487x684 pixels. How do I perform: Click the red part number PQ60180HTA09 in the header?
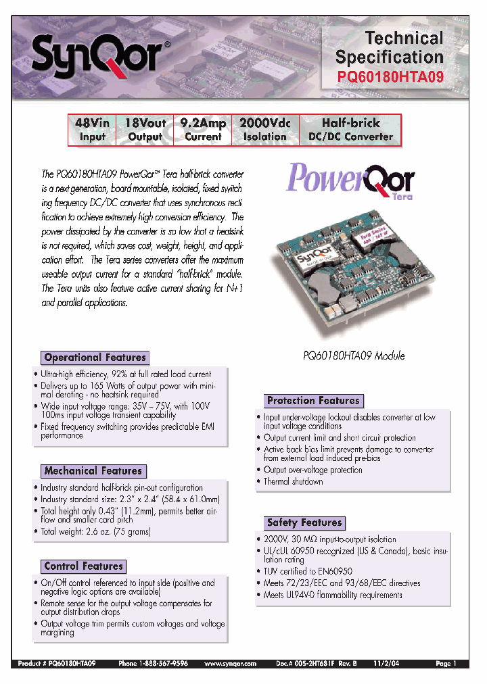click(x=390, y=77)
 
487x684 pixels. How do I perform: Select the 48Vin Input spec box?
click(x=93, y=130)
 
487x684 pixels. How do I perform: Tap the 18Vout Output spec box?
click(x=145, y=130)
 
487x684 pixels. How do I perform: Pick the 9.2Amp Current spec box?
click(x=203, y=130)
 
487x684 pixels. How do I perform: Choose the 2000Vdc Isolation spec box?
click(x=264, y=130)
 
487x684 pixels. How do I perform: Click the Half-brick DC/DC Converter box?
click(x=350, y=130)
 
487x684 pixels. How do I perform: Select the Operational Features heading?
click(x=95, y=358)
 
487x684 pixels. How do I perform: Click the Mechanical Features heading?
click(x=93, y=471)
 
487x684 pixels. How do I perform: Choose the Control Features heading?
click(x=84, y=566)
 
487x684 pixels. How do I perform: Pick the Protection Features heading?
click(x=312, y=401)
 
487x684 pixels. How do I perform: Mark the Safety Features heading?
click(x=304, y=522)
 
